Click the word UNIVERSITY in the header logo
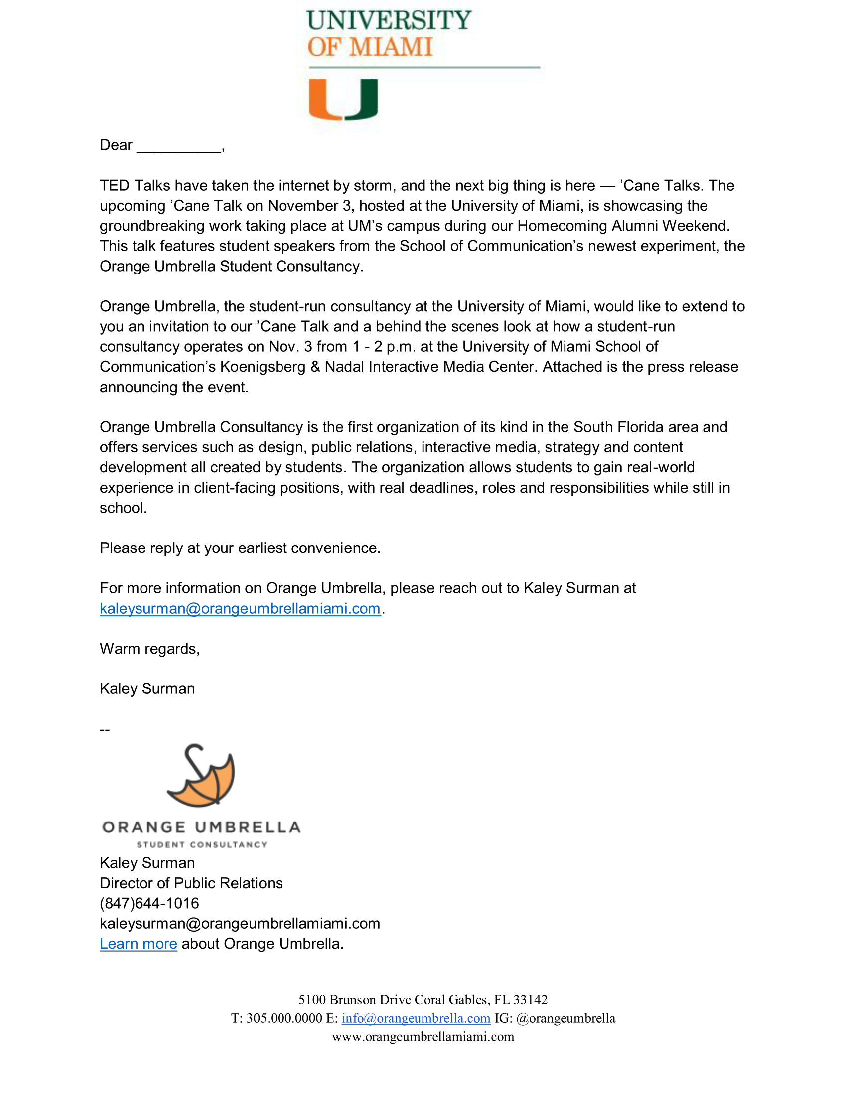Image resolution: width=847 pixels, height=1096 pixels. click(389, 20)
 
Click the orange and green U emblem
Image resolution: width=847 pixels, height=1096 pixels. click(343, 99)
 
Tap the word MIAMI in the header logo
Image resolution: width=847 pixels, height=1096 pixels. click(391, 47)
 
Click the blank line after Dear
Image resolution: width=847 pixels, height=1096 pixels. click(179, 146)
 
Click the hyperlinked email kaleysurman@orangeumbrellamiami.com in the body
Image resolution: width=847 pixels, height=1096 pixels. click(240, 608)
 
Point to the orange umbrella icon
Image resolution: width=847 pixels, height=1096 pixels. click(202, 776)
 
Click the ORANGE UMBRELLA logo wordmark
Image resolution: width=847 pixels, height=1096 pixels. click(201, 827)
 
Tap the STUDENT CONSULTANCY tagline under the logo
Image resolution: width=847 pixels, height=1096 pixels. click(202, 844)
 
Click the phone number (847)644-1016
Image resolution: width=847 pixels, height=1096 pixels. click(149, 903)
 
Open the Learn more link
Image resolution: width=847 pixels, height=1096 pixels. click(139, 944)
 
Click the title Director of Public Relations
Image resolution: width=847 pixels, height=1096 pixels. click(191, 883)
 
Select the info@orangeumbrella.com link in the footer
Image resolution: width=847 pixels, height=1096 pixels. click(416, 1018)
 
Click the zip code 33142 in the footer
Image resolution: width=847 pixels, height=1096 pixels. click(531, 1000)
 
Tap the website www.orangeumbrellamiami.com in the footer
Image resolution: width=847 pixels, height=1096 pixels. click(423, 1036)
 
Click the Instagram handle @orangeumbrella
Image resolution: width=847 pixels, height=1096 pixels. click(565, 1018)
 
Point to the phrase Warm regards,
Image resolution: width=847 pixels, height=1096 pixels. click(149, 648)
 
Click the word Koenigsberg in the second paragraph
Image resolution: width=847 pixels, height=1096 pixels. click(263, 367)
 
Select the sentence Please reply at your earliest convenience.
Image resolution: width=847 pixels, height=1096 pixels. click(240, 548)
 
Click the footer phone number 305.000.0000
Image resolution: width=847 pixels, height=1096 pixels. click(284, 1018)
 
